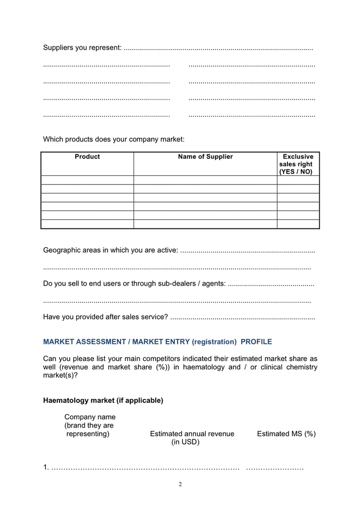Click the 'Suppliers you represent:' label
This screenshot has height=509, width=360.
(82, 48)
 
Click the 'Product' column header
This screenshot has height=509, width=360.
(87, 157)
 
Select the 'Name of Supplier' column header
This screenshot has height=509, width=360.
(205, 157)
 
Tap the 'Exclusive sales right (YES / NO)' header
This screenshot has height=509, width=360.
(298, 164)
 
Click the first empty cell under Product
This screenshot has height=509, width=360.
(87, 180)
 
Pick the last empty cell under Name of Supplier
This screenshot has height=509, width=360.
(205, 224)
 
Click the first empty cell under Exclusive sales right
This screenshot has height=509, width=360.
(298, 180)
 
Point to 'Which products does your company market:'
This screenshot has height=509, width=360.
(114, 139)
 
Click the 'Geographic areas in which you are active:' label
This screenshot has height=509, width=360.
(111, 250)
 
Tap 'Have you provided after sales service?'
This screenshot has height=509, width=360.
(105, 317)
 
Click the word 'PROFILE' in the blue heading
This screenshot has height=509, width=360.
(256, 342)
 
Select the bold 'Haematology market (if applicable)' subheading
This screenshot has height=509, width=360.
(103, 400)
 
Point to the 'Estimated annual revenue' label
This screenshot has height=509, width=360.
(192, 434)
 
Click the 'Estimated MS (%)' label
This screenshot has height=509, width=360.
(286, 434)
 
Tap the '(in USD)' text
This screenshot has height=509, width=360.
(186, 442)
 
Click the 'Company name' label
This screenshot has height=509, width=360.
(90, 417)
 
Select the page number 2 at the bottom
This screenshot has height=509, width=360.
(180, 484)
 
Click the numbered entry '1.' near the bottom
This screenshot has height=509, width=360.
(46, 468)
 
